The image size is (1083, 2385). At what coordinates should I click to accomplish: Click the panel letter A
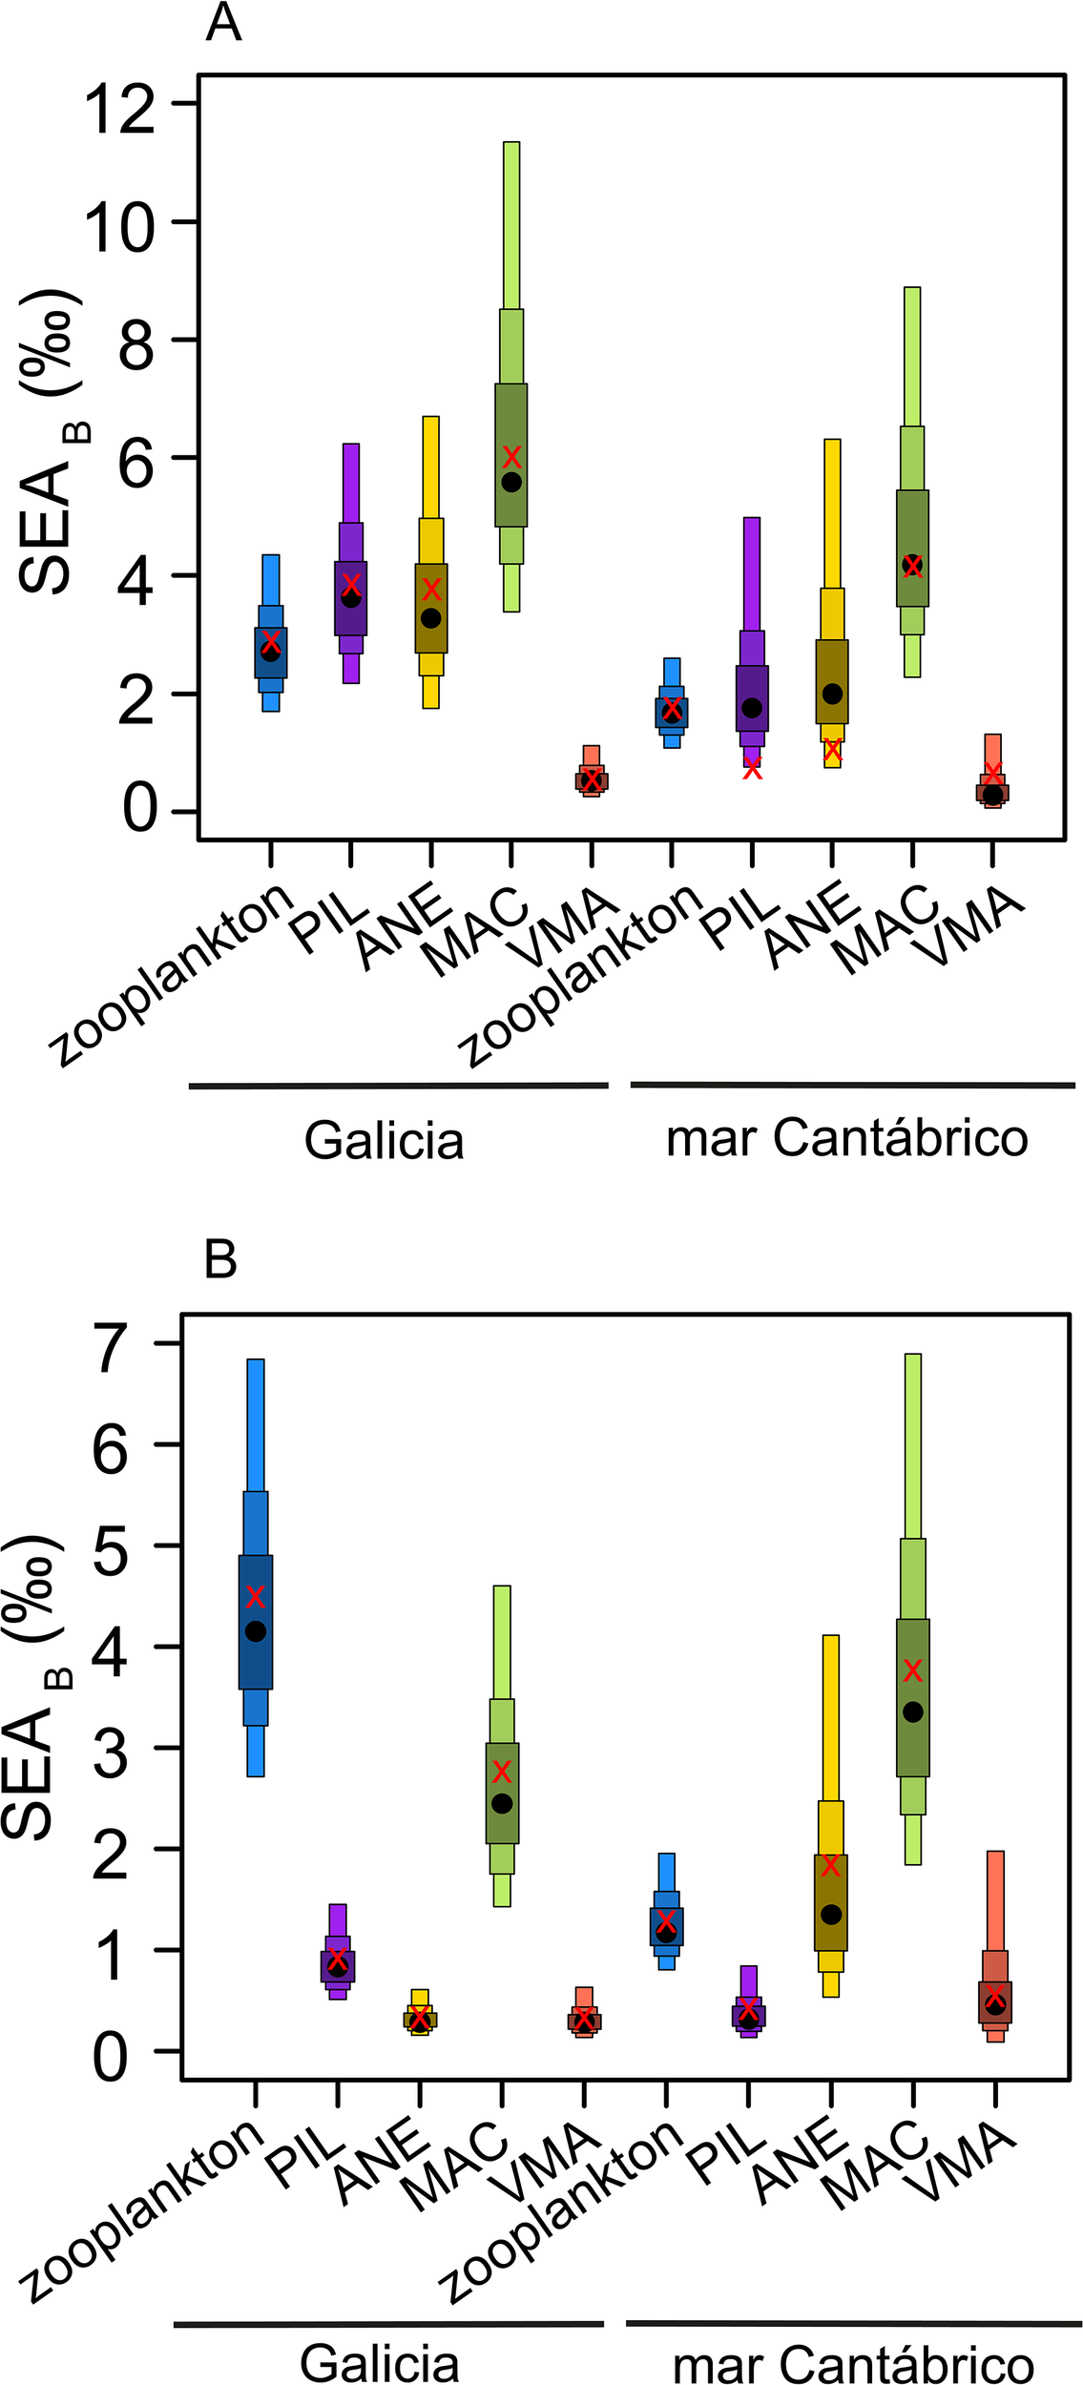click(223, 21)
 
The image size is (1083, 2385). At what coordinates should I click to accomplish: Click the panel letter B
click(220, 1260)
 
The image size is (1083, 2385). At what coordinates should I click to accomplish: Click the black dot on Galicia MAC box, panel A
click(511, 482)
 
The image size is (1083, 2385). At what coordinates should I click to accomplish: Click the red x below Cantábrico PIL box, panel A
click(753, 768)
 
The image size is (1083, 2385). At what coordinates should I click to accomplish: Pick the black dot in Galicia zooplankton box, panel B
click(256, 1631)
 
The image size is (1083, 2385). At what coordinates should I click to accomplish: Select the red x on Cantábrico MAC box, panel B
click(913, 1669)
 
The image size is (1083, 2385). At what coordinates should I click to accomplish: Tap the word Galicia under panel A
click(384, 1140)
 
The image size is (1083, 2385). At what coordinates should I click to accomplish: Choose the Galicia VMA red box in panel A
click(592, 779)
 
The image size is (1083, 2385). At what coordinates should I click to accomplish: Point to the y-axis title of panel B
click(38, 1689)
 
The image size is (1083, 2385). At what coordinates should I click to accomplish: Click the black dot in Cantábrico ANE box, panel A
click(832, 694)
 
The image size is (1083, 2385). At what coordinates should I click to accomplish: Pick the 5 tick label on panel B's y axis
click(112, 1555)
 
